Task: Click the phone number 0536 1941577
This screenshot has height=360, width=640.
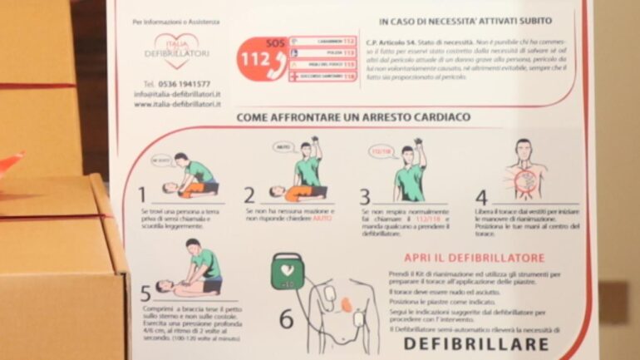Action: coord(176,84)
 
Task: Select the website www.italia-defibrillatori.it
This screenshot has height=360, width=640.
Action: coord(177,105)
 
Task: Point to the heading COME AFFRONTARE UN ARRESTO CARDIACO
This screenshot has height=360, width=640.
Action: coord(353,117)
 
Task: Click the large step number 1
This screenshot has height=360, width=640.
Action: coord(142,195)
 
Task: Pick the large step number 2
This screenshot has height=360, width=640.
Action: coord(249,195)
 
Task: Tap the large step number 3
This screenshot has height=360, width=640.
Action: coord(364,197)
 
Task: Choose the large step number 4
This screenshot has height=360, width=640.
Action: coord(481,198)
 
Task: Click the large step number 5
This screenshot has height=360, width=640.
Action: coord(145,293)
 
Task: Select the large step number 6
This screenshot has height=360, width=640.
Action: coord(286,319)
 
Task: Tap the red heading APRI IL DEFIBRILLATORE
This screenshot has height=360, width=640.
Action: coord(475,258)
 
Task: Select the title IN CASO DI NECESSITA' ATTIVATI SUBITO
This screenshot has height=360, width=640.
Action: coord(465,20)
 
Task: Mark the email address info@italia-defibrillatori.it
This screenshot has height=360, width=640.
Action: coord(177,95)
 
